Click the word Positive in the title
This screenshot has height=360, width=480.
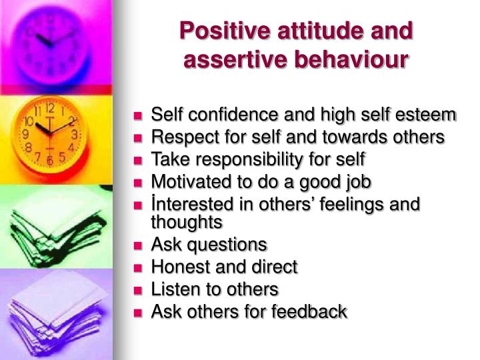220,31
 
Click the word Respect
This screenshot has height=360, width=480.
179,137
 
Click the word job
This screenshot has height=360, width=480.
357,181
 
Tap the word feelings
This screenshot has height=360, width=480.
361,203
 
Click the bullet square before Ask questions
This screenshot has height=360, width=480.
139,245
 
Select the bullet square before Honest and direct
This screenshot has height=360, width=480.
139,268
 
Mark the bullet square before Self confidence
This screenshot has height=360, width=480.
139,116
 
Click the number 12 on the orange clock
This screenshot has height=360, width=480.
49,107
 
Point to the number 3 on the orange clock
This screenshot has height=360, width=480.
75,134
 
